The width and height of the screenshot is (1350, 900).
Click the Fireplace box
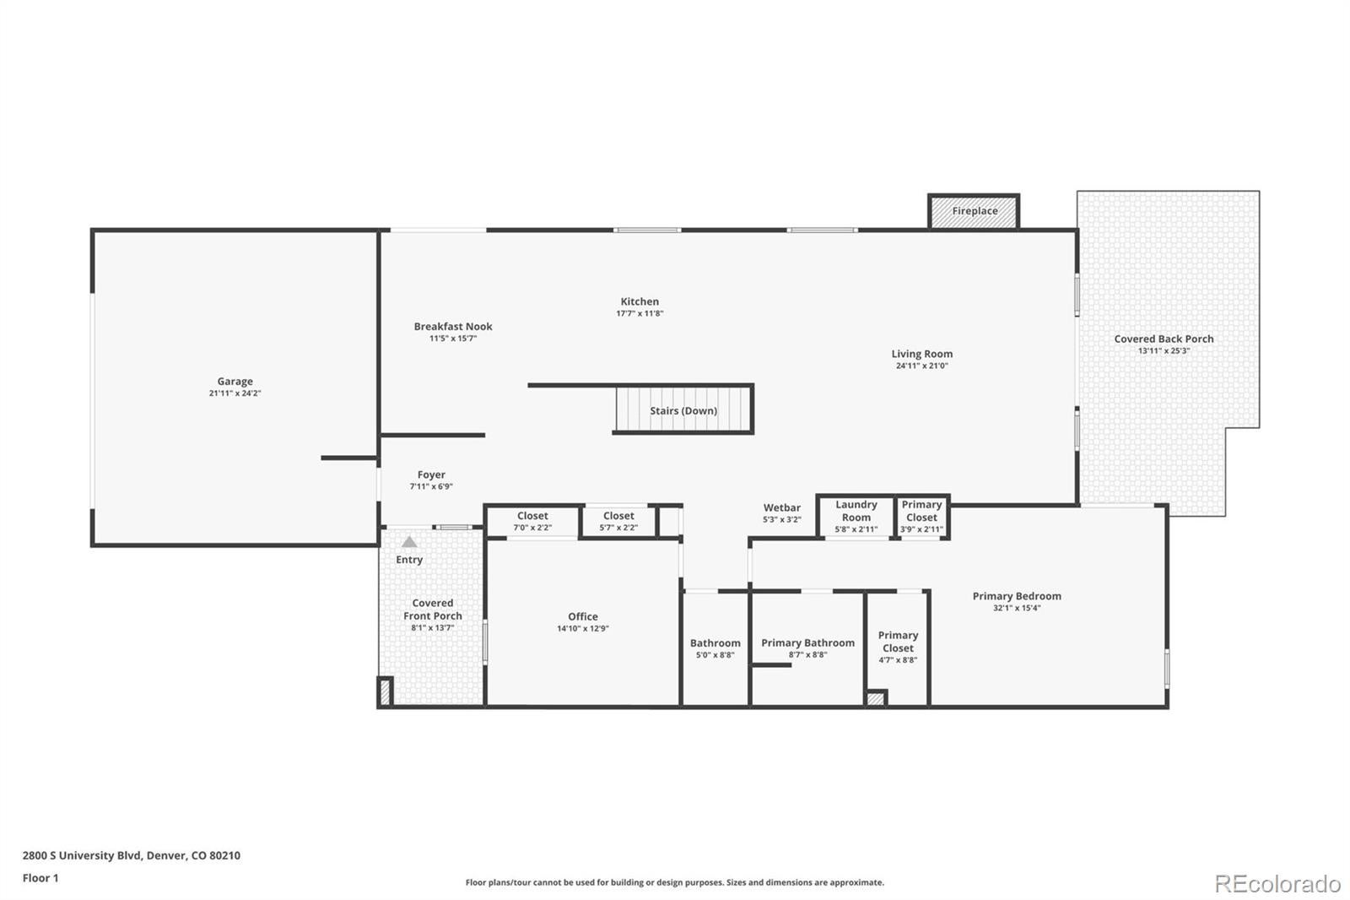click(x=975, y=211)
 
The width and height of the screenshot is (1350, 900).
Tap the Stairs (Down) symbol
click(x=683, y=410)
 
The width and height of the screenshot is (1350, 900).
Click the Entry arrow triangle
click(x=409, y=542)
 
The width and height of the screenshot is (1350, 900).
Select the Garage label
click(x=235, y=382)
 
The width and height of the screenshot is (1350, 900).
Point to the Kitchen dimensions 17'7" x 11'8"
click(x=640, y=314)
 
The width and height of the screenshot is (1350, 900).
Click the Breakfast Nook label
click(x=453, y=327)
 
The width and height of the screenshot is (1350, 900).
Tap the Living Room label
click(x=922, y=355)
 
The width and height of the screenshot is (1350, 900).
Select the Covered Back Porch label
click(x=1164, y=339)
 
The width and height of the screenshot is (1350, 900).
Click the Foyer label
click(x=431, y=475)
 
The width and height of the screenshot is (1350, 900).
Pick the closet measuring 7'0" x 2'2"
click(x=532, y=521)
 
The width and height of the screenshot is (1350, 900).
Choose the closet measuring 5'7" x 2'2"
click(x=618, y=521)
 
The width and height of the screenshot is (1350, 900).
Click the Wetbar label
click(x=782, y=508)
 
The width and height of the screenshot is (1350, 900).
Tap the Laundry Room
click(x=856, y=516)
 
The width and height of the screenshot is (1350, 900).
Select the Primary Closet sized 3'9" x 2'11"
click(x=921, y=516)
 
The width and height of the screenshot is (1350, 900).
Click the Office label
click(x=582, y=617)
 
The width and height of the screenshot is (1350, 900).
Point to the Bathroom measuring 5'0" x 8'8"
click(x=715, y=648)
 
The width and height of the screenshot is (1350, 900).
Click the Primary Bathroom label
click(x=807, y=643)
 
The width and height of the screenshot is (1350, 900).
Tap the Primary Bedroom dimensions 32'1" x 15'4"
click(x=1017, y=608)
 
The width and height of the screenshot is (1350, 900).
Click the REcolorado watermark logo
click(x=1277, y=883)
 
